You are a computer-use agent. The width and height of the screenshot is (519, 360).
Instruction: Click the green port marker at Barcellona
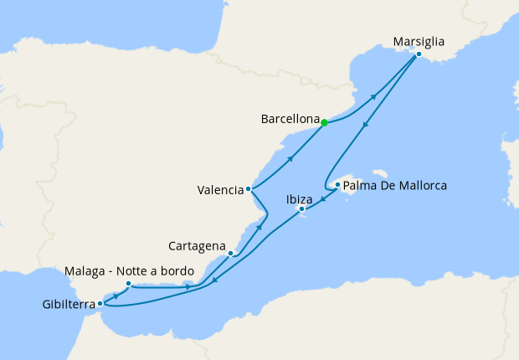point(324,123)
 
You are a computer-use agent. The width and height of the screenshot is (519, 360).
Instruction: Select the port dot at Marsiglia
point(419,54)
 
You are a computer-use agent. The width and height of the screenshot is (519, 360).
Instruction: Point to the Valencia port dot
point(249,189)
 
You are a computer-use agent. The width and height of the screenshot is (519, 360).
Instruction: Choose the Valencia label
point(221,190)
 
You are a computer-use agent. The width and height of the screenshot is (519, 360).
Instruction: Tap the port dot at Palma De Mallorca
point(337,185)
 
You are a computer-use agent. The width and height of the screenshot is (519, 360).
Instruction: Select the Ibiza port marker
point(301,208)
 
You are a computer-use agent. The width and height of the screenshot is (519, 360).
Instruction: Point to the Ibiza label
point(299,199)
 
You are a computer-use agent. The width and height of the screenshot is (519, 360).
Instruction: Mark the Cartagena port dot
point(230,253)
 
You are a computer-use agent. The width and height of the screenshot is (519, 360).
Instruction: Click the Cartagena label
point(197,247)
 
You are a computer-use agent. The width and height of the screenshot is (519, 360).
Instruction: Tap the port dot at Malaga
point(128,284)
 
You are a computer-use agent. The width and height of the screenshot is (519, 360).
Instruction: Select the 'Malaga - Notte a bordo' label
point(130,272)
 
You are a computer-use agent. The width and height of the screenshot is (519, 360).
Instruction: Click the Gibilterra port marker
point(100,303)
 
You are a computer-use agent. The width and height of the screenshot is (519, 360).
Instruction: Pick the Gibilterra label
point(68,304)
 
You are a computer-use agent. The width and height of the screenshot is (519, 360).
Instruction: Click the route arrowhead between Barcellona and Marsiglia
point(372,97)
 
